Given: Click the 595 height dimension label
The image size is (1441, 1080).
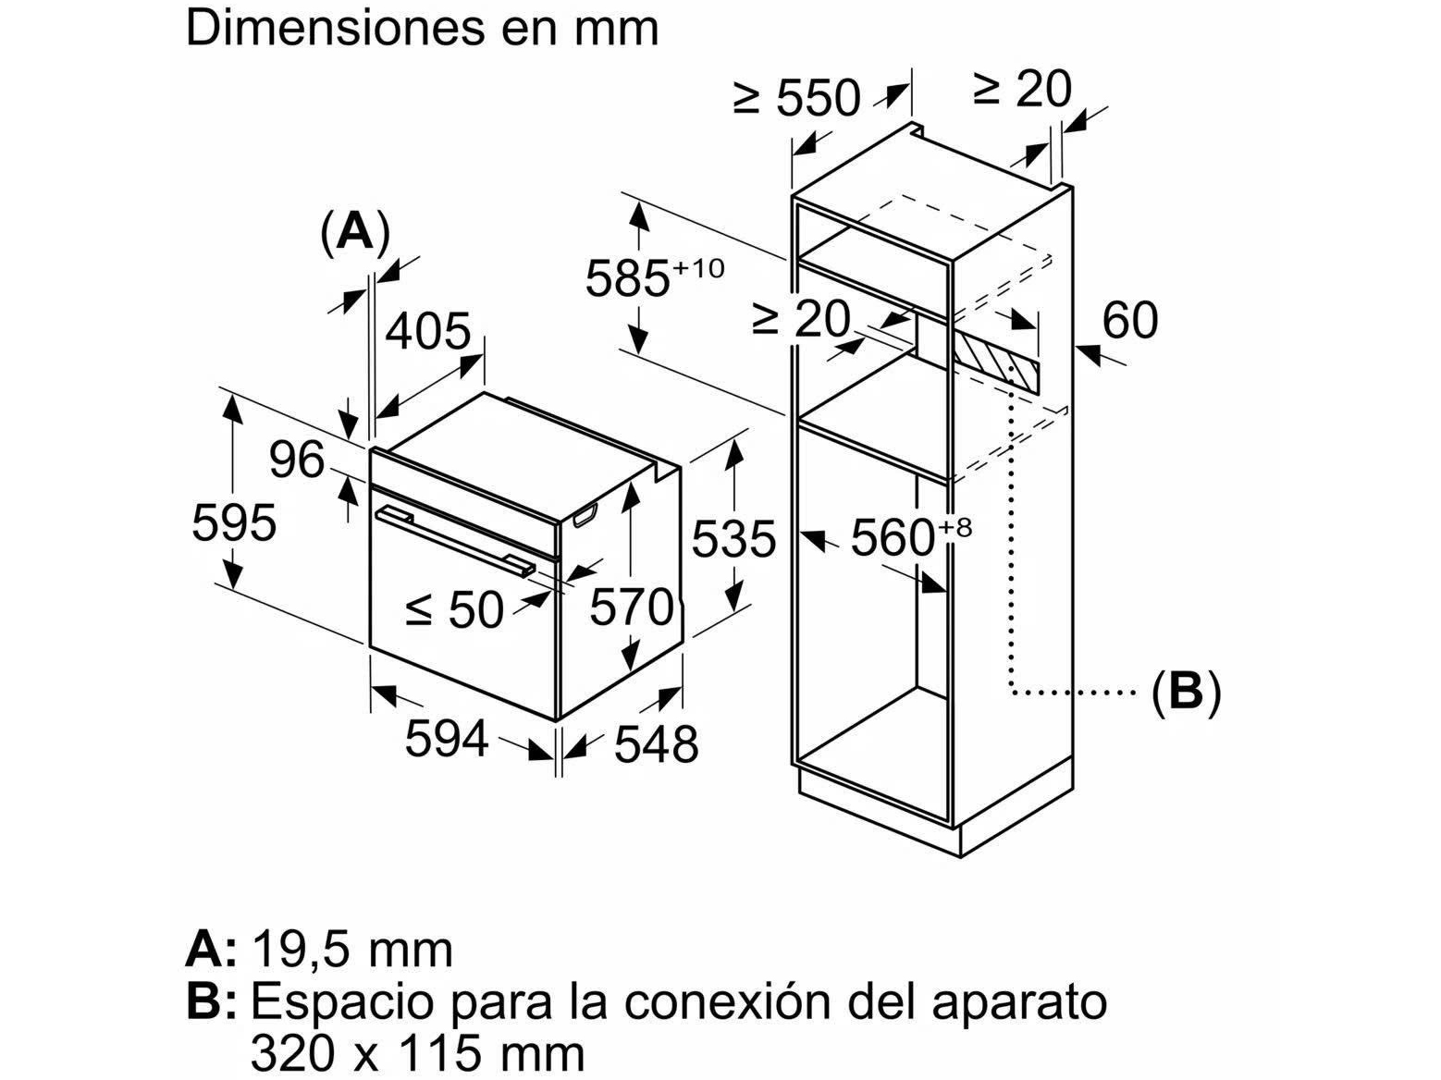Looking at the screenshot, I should [234, 523].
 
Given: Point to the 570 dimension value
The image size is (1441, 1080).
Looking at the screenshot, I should [632, 607].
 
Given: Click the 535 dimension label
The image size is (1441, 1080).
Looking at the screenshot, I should [733, 539].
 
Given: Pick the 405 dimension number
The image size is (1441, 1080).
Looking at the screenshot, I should [428, 330].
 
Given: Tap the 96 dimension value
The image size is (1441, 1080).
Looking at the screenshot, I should [297, 460].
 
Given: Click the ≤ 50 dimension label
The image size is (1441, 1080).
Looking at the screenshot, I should [455, 608].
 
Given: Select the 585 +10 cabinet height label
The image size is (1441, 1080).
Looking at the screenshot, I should [653, 276].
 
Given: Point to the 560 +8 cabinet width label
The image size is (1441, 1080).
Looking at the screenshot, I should [910, 537].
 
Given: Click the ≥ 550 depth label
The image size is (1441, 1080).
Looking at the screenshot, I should [796, 97].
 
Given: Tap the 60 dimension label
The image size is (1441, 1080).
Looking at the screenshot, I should [1130, 320].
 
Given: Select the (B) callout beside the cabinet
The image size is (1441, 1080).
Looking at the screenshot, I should [1187, 690].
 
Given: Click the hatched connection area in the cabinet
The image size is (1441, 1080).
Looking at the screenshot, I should [999, 363].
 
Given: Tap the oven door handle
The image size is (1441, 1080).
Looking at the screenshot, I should [453, 541].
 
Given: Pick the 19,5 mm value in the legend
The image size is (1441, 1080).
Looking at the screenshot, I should [351, 950].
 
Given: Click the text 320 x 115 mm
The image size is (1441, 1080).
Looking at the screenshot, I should [417, 1052].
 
